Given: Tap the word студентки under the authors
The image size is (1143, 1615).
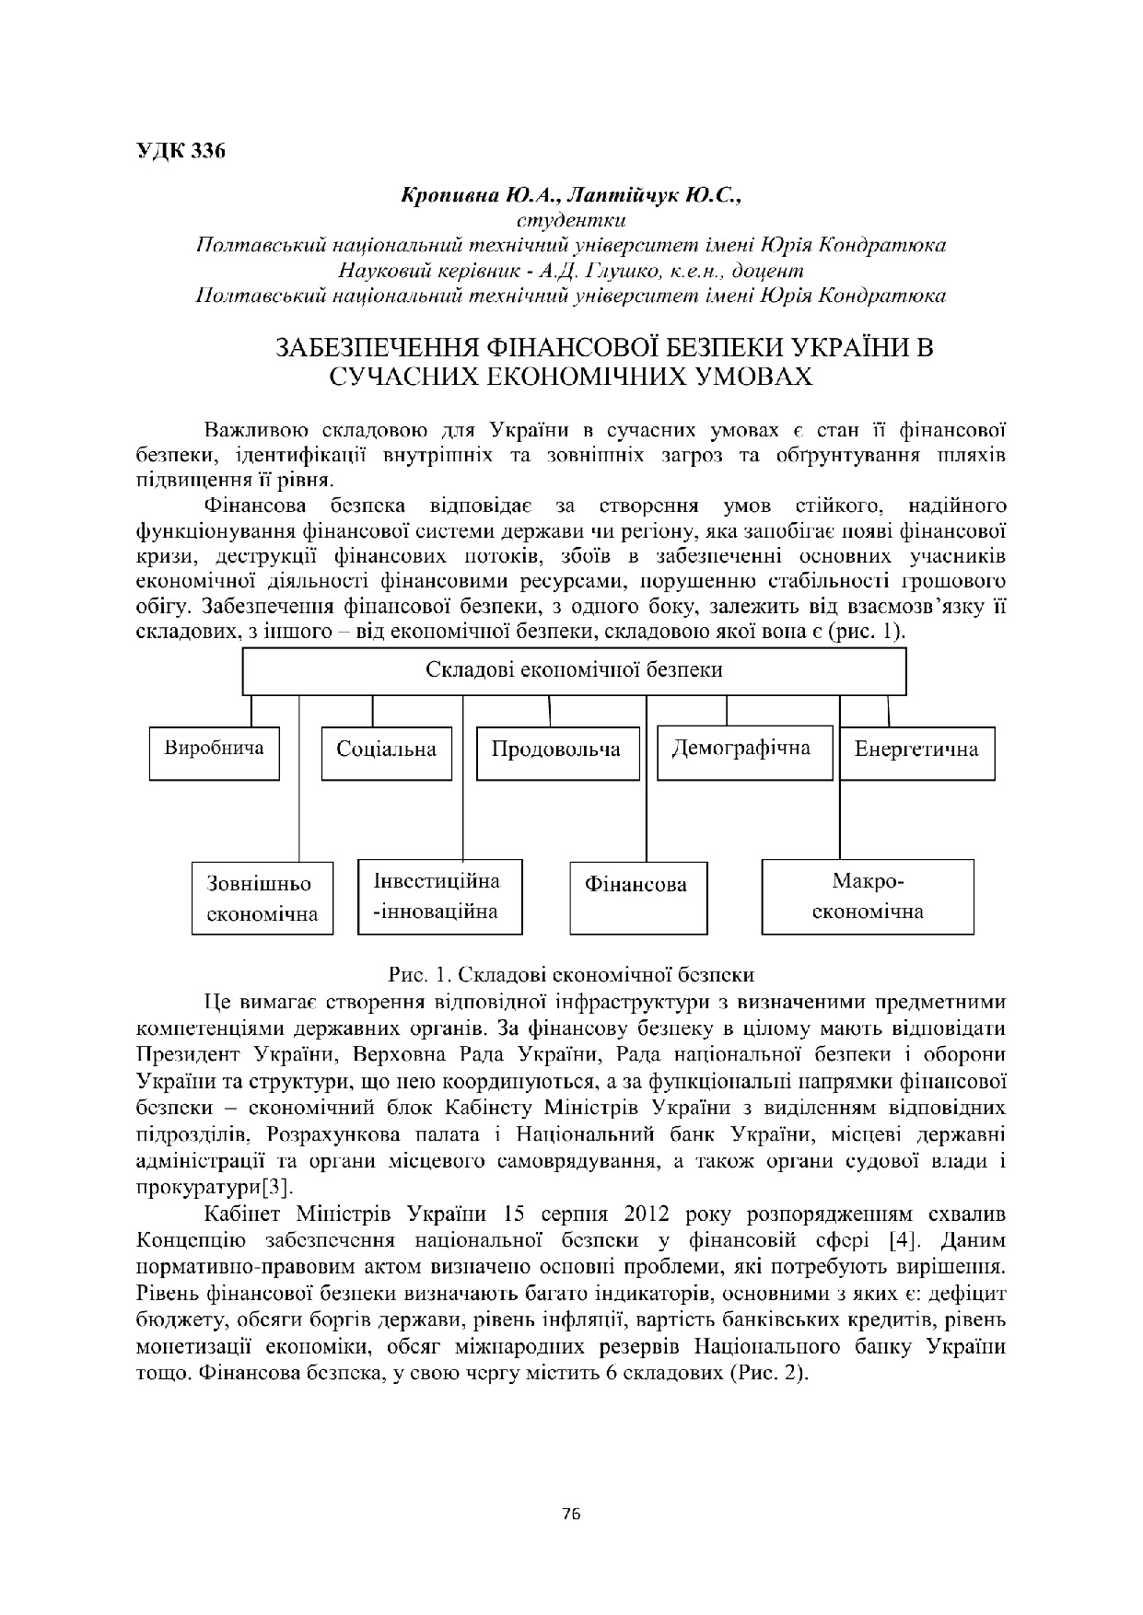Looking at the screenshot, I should click(x=571, y=221).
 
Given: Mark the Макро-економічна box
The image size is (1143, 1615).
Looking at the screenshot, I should click(x=868, y=896).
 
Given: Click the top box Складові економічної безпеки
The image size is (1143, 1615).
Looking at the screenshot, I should click(x=574, y=670).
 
